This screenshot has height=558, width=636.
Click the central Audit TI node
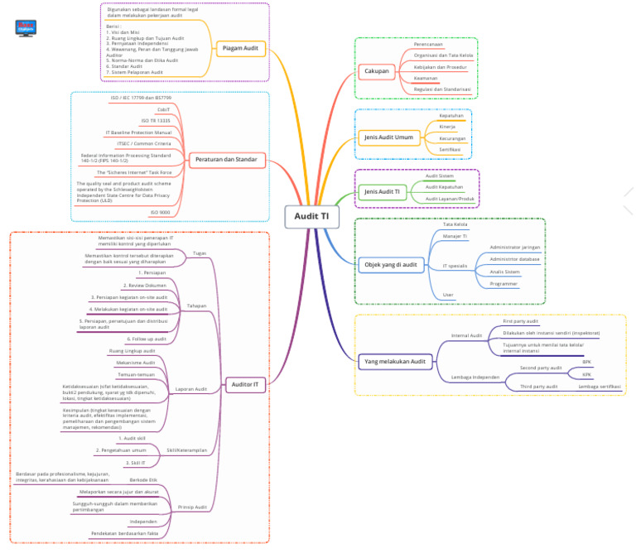(x=311, y=216)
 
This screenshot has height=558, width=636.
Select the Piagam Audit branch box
(x=240, y=49)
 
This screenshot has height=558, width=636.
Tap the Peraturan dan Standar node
(x=225, y=159)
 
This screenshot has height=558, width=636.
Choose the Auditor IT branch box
(x=245, y=384)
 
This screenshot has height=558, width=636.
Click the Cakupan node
(x=377, y=71)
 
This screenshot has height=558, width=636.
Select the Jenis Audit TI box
(x=383, y=192)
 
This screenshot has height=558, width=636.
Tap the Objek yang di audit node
(x=391, y=265)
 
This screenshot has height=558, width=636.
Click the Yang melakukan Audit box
(x=396, y=361)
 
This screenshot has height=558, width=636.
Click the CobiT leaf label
(x=164, y=109)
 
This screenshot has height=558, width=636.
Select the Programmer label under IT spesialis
(x=503, y=283)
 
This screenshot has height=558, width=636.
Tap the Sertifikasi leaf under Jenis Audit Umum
(x=450, y=149)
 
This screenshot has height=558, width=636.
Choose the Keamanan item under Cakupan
(x=426, y=78)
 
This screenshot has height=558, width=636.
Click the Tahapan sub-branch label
(x=197, y=305)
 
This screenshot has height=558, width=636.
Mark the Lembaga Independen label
(x=475, y=377)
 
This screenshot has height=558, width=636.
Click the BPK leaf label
(x=587, y=362)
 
